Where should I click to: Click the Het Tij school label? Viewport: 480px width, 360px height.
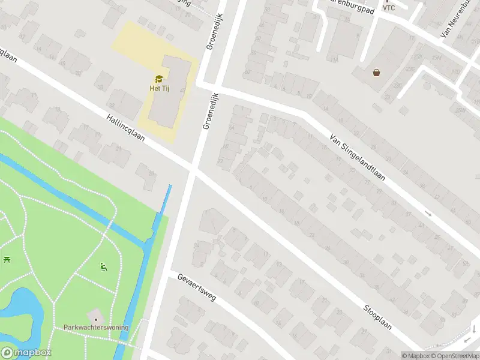pos(158,88)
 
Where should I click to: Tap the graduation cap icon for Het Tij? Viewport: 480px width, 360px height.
pos(158,79)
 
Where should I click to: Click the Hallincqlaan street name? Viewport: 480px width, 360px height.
pos(127,128)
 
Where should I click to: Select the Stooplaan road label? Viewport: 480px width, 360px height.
pos(377,317)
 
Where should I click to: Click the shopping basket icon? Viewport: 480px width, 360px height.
pos(376,73)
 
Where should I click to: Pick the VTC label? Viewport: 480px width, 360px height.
pos(389,8)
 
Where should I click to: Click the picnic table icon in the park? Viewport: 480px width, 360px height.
pos(7,259)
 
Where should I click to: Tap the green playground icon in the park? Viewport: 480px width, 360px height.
pos(103,266)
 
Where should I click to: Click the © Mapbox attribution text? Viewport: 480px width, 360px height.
pos(416,355)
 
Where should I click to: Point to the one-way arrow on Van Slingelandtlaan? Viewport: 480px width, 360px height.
pos(428,213)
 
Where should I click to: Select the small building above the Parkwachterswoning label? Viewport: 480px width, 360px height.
pos(94,316)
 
